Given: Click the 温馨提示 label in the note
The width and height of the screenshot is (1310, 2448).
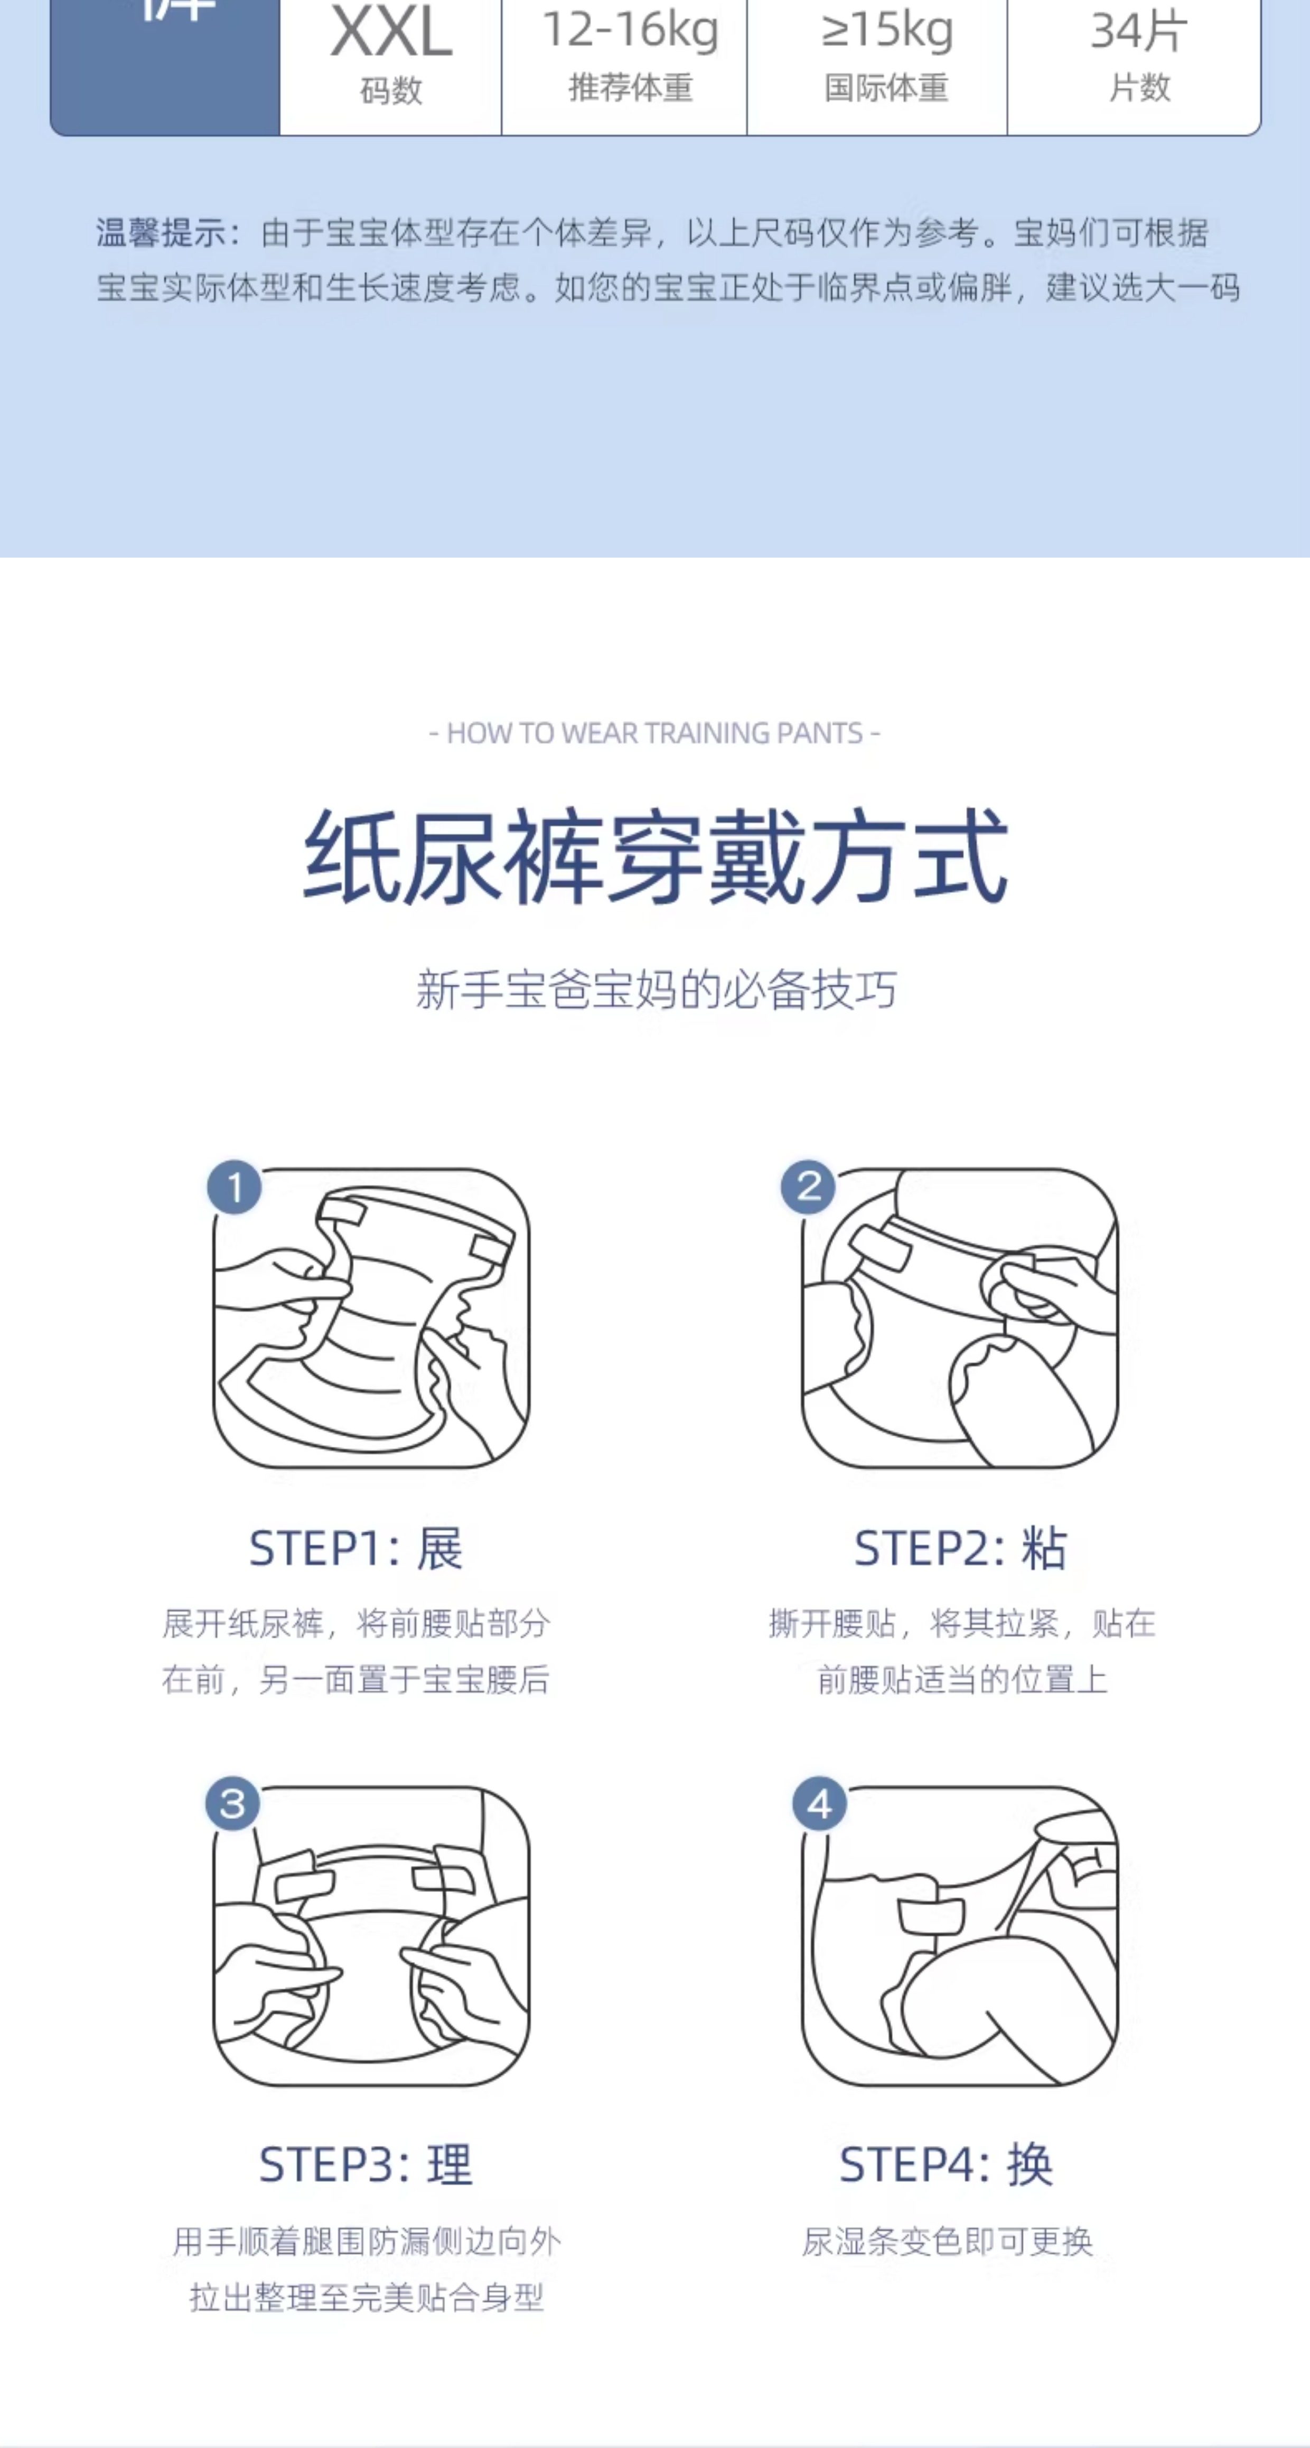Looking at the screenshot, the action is pyautogui.click(x=161, y=233).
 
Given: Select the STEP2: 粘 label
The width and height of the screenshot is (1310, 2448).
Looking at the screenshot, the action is pyautogui.click(x=960, y=1549).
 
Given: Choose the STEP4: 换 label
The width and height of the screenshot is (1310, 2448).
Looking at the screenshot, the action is pyautogui.click(x=946, y=2165).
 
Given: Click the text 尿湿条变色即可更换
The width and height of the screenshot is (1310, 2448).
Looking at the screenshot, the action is pyautogui.click(x=948, y=2242).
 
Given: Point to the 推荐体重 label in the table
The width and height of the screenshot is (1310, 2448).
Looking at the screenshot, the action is pyautogui.click(x=630, y=88).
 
